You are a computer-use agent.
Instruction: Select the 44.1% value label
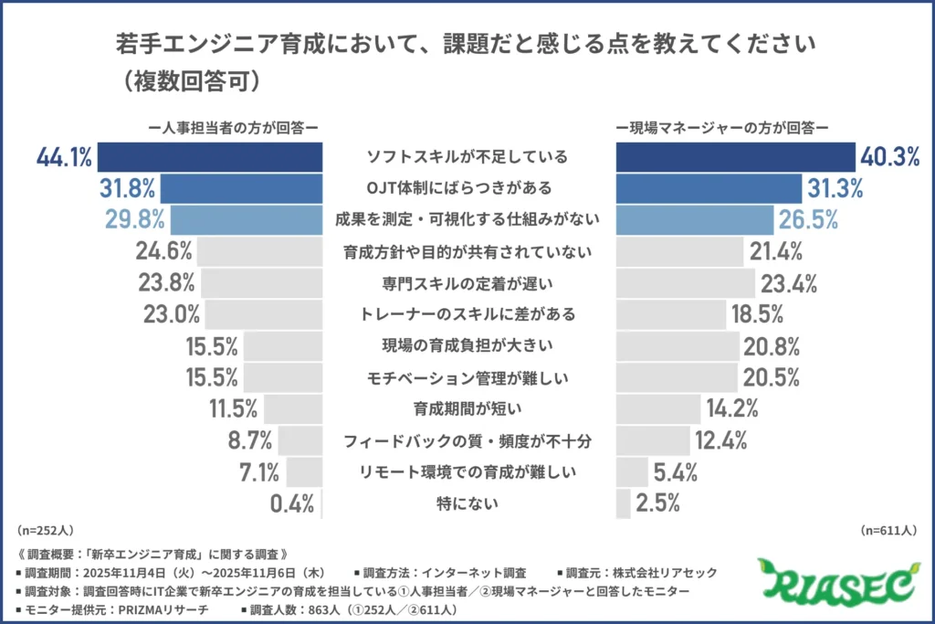[64, 158]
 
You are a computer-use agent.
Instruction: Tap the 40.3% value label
[888, 158]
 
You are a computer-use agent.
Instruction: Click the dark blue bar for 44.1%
[210, 158]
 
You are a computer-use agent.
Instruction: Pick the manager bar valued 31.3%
[708, 189]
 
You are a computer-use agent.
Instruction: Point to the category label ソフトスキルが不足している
[467, 156]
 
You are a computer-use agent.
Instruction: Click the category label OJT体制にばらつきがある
[467, 188]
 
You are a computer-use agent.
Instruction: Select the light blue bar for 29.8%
[246, 220]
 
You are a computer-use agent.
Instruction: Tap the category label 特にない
[467, 502]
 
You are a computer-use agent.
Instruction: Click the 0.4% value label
[292, 503]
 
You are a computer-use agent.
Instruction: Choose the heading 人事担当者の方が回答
[236, 128]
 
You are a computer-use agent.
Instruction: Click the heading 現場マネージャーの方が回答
[721, 128]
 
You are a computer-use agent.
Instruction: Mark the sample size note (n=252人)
[45, 530]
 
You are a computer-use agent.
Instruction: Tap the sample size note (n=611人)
[889, 530]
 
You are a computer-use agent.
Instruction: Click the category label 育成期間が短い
[467, 408]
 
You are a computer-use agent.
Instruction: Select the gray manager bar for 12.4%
[653, 441]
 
